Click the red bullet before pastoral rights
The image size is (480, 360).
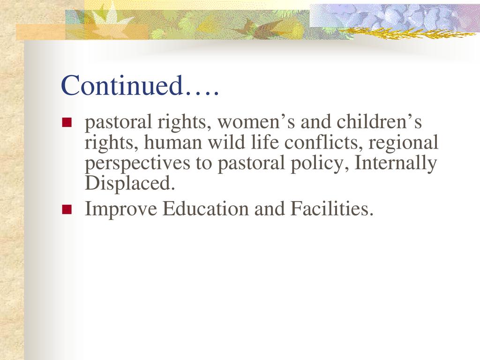tap(67, 122)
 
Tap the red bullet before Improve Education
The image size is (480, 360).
tap(67, 210)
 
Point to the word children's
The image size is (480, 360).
tap(379, 121)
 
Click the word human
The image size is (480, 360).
tap(173, 142)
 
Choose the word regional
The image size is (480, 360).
tap(403, 143)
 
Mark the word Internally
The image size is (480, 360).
tap(395, 163)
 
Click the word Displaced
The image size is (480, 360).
tap(130, 183)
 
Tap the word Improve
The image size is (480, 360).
tap(121, 210)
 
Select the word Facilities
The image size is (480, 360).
tap(332, 209)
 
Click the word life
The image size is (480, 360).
tap(264, 142)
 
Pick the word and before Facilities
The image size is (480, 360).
tap(269, 209)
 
